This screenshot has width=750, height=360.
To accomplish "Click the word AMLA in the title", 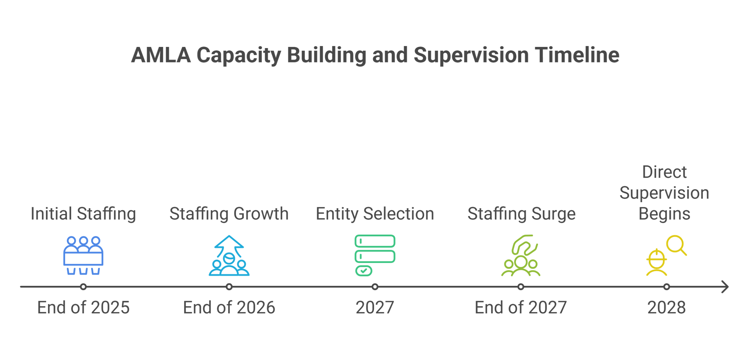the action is (161, 55).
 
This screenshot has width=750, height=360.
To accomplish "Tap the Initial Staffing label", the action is (83, 214).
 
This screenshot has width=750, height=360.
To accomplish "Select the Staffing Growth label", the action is (229, 214).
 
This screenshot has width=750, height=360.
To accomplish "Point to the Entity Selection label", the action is (375, 214).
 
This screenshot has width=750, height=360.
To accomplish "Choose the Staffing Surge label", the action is (521, 214).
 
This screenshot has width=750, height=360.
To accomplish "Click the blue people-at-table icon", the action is (83, 255).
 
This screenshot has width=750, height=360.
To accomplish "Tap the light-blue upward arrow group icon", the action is (229, 255).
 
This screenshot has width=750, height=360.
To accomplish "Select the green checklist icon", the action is (375, 255).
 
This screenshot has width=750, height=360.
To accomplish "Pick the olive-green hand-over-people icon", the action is (521, 255).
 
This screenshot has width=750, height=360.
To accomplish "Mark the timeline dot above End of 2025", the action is (83, 287).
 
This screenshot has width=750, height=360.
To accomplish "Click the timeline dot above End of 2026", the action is (229, 287).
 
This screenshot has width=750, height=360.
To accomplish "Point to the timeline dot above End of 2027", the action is (521, 287).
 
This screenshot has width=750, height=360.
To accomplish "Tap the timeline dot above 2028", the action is (667, 287).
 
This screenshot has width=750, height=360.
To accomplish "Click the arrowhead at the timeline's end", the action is (728, 287).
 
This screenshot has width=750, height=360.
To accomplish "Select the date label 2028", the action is (667, 308).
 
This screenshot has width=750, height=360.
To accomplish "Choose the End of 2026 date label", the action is (229, 308).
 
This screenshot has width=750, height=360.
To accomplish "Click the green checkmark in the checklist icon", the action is (364, 271).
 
